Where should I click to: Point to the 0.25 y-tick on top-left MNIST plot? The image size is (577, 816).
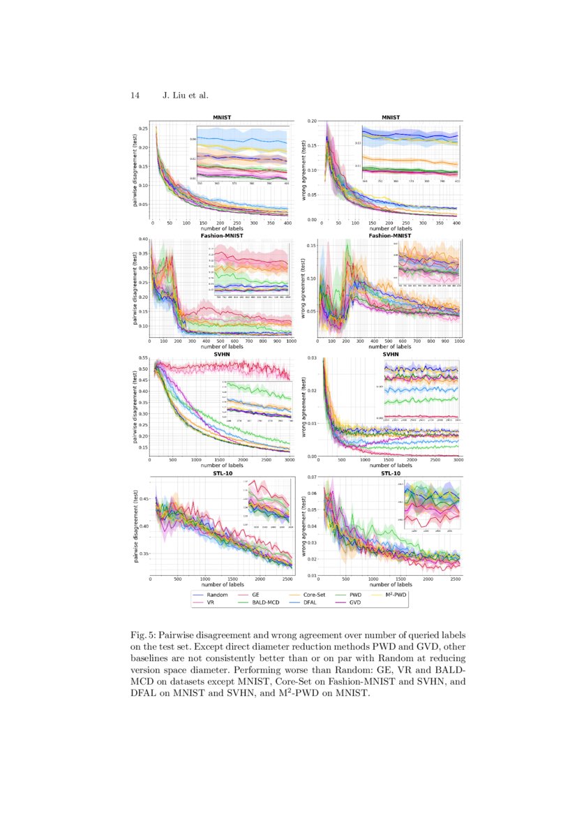144,128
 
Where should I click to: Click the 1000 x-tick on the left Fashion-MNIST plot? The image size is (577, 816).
289,341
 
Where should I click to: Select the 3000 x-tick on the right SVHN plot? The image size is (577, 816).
457,461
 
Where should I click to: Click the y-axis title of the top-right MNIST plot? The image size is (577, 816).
304,171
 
